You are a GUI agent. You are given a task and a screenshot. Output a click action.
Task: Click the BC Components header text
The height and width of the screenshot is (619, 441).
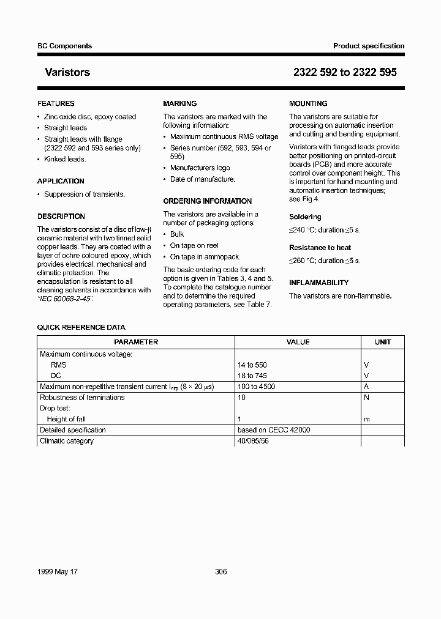click(64, 46)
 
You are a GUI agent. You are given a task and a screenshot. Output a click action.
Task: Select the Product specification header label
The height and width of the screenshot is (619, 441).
click(369, 46)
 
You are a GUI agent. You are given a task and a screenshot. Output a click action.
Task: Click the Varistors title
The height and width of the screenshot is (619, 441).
click(67, 72)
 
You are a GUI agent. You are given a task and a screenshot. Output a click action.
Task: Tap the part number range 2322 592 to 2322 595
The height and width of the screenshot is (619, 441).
click(345, 72)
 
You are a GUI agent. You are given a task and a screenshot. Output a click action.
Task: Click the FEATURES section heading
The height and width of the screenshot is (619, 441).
click(56, 104)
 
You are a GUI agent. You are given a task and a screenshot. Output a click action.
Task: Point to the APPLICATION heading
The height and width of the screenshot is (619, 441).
click(61, 181)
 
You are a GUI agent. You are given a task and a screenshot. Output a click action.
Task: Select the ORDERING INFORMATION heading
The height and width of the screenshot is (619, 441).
click(207, 201)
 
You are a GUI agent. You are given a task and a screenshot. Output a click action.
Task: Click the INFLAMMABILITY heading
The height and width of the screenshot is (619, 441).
click(318, 283)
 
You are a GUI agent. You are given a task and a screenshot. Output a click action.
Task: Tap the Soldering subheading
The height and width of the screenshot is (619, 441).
click(305, 217)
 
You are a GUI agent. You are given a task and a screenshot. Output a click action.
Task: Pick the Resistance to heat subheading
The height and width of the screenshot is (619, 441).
click(320, 248)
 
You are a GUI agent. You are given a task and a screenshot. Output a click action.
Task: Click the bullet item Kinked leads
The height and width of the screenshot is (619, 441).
click(65, 159)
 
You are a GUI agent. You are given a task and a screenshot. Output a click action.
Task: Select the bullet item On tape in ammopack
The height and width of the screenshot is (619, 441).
click(205, 257)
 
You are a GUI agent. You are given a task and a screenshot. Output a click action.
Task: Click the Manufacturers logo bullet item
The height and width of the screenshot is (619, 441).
click(200, 168)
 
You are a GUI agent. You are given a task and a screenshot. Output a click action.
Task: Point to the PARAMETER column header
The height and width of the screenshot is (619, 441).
click(136, 343)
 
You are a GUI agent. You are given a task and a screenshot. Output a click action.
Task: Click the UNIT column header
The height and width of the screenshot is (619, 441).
click(383, 343)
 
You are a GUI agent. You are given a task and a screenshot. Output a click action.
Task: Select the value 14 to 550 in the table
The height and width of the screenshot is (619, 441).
click(252, 365)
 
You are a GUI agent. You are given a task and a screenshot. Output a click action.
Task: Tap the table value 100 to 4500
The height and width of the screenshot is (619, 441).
click(256, 387)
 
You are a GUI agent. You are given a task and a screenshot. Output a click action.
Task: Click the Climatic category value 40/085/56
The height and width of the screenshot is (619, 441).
click(252, 441)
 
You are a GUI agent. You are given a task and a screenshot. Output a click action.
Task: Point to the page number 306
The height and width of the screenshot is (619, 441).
click(221, 572)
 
